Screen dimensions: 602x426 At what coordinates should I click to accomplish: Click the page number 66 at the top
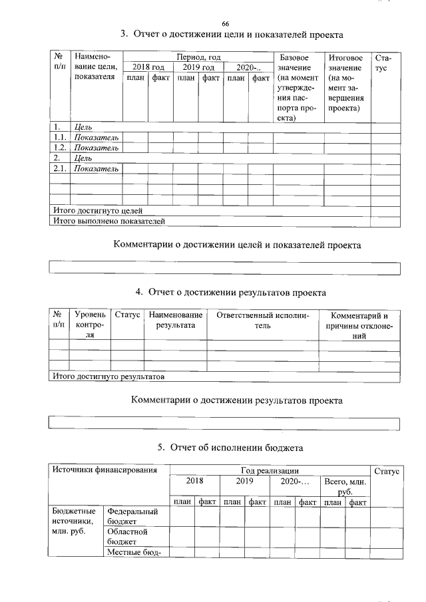tap(225, 24)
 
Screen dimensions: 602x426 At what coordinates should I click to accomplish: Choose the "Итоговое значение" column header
tap(346, 83)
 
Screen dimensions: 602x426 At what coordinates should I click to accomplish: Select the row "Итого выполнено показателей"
tap(108, 220)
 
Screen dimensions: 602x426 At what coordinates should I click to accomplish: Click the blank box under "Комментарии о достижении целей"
tap(225, 269)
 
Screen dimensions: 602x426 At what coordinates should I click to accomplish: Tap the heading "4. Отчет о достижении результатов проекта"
tap(231, 291)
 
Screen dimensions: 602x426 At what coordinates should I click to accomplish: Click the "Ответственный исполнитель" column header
tap(263, 320)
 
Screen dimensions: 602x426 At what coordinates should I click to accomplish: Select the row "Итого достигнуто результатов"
tap(108, 376)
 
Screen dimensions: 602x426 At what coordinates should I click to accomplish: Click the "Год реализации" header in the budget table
tap(269, 470)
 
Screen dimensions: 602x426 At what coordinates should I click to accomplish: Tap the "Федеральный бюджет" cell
tap(132, 516)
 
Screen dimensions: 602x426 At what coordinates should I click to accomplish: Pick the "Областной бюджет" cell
tap(127, 537)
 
